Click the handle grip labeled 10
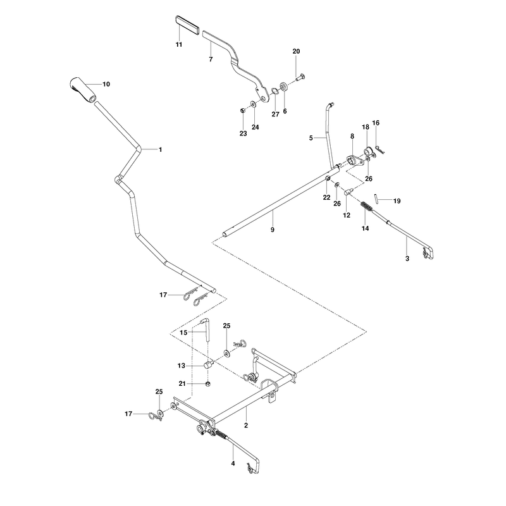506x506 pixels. pos(83,90)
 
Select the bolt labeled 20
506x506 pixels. pos(300,77)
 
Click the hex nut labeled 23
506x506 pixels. pos(243,111)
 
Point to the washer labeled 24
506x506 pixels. pos(254,104)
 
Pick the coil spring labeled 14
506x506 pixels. pos(366,206)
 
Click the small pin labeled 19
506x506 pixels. pos(376,197)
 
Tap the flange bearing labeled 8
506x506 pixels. pos(354,161)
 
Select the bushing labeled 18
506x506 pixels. pos(368,151)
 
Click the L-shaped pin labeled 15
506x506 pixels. pos(207,328)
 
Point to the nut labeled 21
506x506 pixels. pos(208,384)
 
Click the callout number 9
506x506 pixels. pos(273,230)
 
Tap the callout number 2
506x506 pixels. pos(246,425)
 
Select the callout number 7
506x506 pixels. pos(211,59)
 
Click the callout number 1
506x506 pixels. pos(161,150)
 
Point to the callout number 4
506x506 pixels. pos(233,464)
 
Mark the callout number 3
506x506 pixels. pos(407,259)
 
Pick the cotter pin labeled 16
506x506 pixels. pos(379,150)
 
